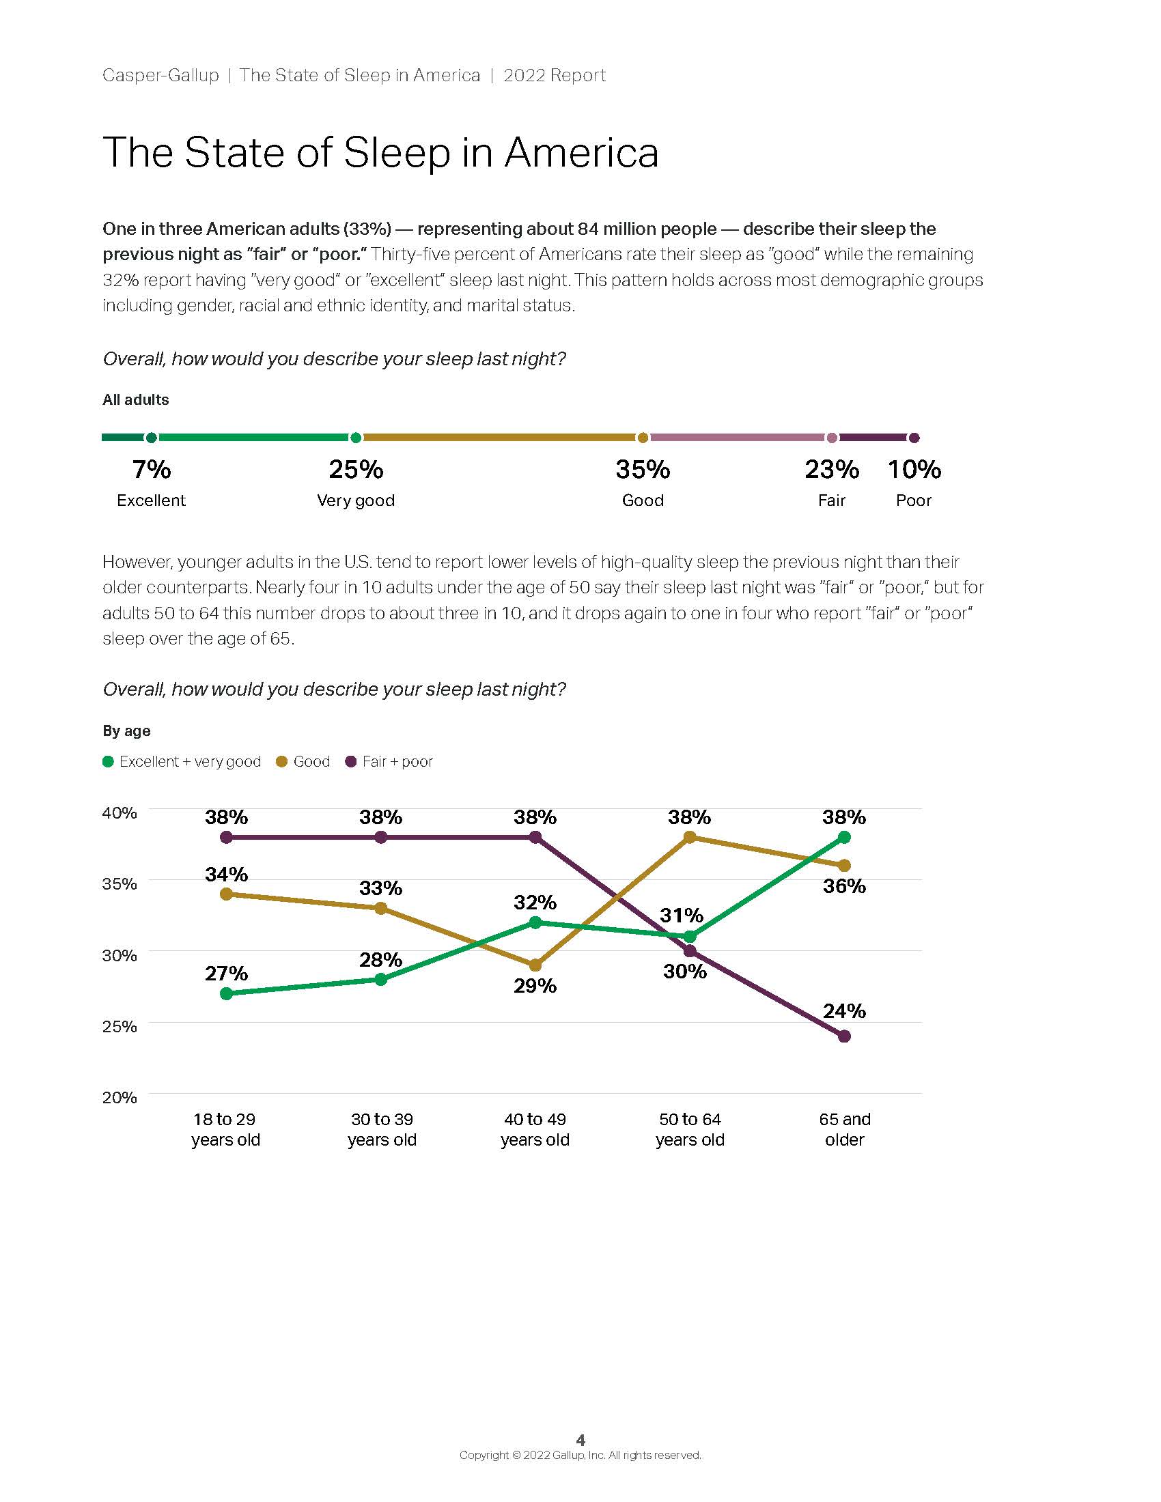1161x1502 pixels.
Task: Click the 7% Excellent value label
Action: point(152,470)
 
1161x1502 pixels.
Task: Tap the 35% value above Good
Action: point(643,470)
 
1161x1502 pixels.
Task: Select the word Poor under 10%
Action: point(913,500)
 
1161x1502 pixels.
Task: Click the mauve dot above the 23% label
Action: point(833,438)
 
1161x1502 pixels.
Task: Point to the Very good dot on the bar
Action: point(356,438)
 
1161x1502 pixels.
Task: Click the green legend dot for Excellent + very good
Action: point(108,762)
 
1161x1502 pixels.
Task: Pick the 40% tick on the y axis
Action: point(120,813)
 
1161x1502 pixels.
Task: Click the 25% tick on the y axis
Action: point(120,1026)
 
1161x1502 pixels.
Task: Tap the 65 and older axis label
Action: point(845,1129)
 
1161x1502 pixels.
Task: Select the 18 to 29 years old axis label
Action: point(225,1129)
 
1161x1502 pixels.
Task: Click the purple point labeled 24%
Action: point(845,1036)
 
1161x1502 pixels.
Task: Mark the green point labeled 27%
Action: point(225,994)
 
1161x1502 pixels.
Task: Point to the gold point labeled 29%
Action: point(535,965)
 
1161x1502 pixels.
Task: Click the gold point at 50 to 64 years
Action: point(690,838)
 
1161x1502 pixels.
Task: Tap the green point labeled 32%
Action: point(535,923)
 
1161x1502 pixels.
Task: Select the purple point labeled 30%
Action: point(690,951)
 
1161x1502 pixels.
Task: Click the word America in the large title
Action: point(581,152)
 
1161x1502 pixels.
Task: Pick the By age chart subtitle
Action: point(126,731)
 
